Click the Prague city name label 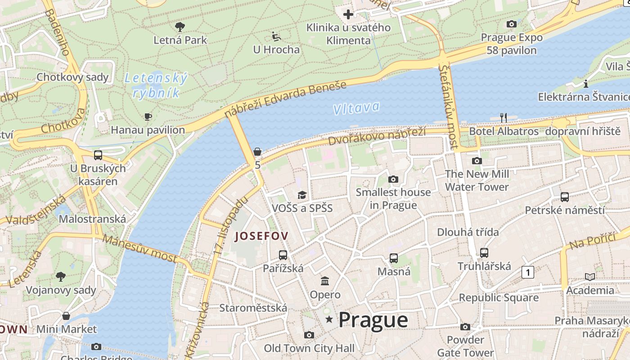[x=373, y=320]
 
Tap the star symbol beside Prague [x=330, y=319]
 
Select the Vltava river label [x=356, y=108]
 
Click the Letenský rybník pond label [x=156, y=85]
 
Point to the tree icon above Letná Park [x=180, y=27]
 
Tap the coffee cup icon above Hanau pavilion [x=148, y=117]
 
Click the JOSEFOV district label [x=261, y=236]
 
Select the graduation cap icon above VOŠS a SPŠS [x=302, y=195]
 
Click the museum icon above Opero [x=325, y=281]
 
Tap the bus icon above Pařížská [x=283, y=255]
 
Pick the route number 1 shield [x=528, y=272]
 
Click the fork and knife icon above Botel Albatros [x=504, y=118]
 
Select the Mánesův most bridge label [x=139, y=248]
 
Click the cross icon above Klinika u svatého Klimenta [x=348, y=14]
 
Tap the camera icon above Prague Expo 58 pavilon [x=511, y=24]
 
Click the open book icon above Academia [x=589, y=277]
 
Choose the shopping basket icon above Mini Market [x=66, y=316]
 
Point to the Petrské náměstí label [x=565, y=210]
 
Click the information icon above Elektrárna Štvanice [x=586, y=84]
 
